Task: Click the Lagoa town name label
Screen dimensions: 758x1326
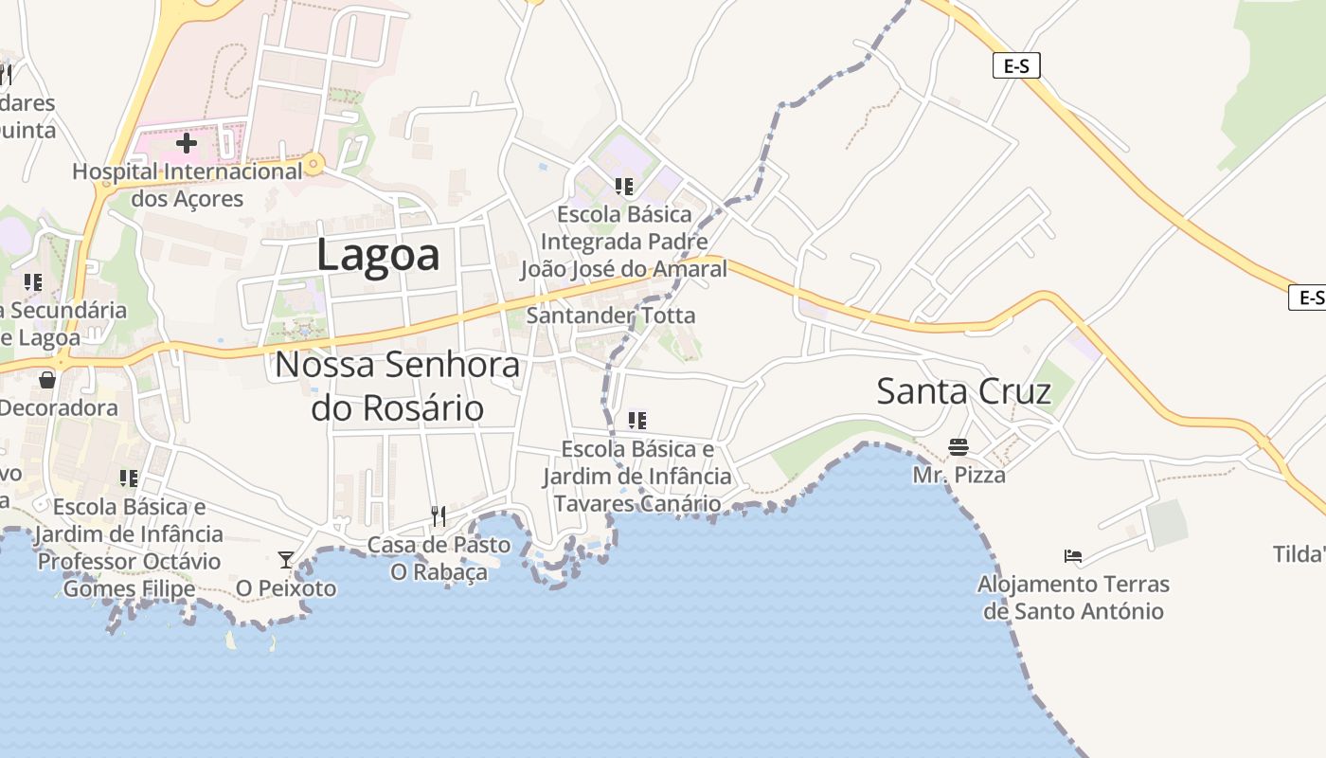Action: tap(378, 255)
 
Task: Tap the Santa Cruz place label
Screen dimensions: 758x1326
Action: tap(963, 391)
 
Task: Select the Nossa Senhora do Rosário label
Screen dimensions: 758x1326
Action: tap(398, 387)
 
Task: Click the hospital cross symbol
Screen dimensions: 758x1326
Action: tap(187, 143)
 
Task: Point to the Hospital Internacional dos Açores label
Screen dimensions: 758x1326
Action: tap(188, 186)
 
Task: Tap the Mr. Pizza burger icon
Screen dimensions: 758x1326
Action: tap(959, 446)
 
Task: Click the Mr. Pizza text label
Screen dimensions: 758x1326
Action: tap(959, 474)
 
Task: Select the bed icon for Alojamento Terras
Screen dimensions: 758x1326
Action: tap(1072, 555)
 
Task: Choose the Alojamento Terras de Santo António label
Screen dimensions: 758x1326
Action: tap(1073, 598)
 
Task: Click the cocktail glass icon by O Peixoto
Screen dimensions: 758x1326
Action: tap(285, 559)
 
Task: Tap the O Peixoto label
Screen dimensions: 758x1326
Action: tap(286, 588)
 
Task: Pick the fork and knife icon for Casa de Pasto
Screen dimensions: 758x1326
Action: tap(438, 516)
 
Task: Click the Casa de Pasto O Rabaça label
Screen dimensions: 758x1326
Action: tap(439, 559)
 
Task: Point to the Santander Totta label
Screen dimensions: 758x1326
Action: tap(611, 316)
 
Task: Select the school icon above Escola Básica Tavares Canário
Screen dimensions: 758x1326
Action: tap(637, 419)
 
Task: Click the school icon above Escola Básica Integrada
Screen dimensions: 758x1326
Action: tap(623, 186)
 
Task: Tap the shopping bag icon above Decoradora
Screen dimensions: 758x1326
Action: tap(46, 380)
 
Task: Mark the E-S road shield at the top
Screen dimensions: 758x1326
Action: tap(1016, 65)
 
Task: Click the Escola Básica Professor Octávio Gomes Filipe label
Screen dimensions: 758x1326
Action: tap(129, 548)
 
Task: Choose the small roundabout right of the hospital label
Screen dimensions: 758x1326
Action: tap(314, 166)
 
